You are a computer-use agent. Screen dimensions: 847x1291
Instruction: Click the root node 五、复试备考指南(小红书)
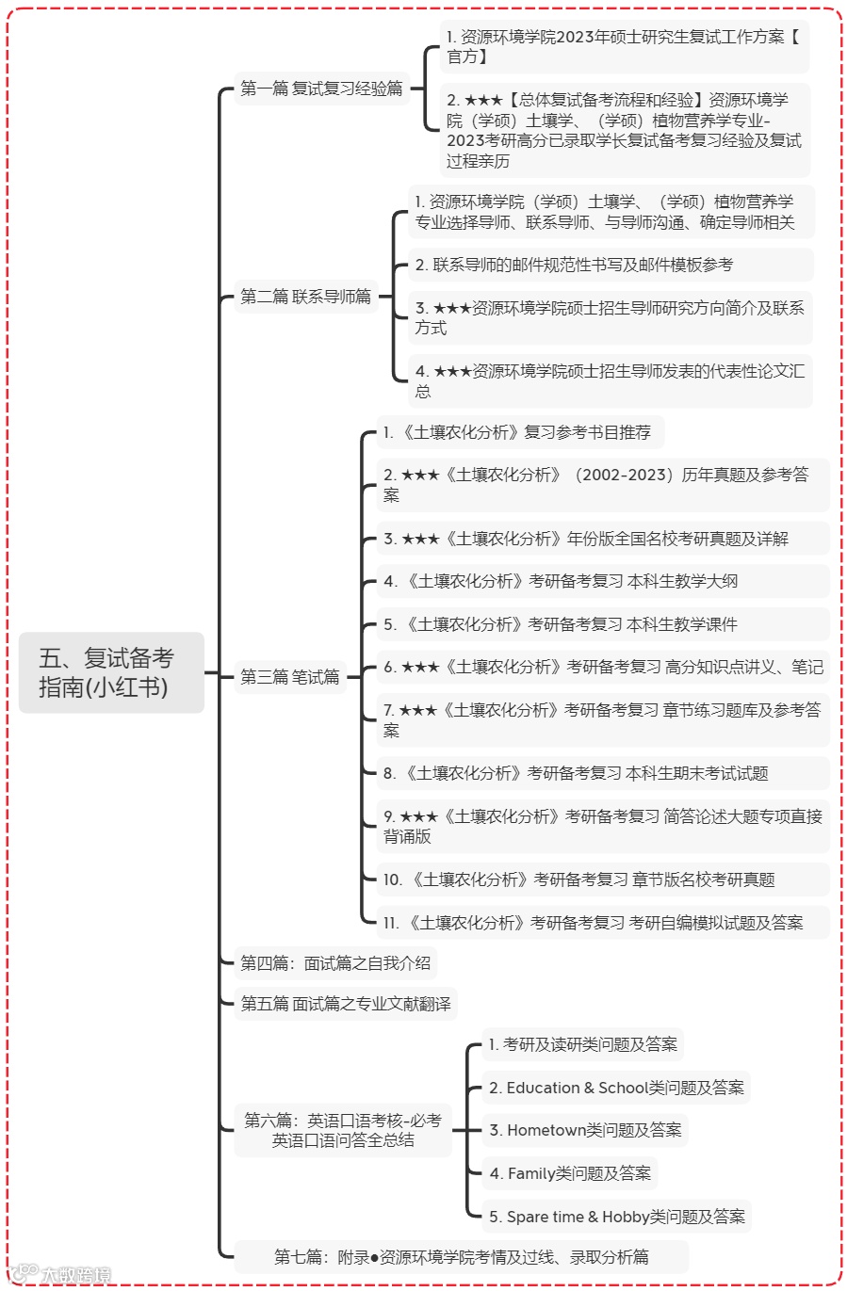coord(111,672)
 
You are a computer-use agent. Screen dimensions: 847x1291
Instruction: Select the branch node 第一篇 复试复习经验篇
coord(321,89)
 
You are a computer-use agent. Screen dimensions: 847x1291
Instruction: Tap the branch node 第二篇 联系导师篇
coord(305,297)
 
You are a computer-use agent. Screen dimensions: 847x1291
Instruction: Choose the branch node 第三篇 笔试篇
coord(289,677)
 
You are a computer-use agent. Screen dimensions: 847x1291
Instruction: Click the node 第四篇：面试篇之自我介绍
coord(335,962)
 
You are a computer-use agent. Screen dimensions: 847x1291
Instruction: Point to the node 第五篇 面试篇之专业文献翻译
coord(345,1004)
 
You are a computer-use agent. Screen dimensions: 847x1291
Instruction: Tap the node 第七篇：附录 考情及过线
coord(461,1257)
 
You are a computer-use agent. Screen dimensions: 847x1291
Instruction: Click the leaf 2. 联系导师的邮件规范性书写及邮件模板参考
coord(574,265)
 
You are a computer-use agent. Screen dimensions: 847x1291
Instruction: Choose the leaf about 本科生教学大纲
coord(561,581)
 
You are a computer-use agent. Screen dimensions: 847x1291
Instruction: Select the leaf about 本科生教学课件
coord(561,624)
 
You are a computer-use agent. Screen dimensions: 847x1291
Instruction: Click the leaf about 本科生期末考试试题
coord(576,773)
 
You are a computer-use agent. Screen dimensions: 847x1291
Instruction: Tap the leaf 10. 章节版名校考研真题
coord(578,879)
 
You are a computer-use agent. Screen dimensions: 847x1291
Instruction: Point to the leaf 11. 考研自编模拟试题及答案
coord(593,923)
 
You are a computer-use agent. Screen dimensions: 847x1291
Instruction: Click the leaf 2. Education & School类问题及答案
coord(616,1088)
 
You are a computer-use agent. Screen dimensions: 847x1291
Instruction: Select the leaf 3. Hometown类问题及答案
coord(585,1130)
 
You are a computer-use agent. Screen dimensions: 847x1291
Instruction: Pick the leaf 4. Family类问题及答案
coord(570,1173)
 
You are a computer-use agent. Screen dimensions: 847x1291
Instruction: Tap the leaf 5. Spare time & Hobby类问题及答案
coord(617,1217)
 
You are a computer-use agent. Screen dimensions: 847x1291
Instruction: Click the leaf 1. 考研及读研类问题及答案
coord(583,1044)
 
